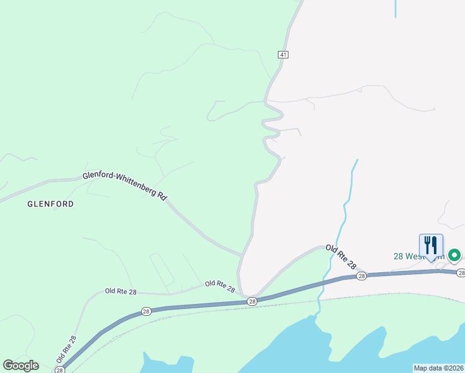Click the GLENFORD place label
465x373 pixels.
point(50,204)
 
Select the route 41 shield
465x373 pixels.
point(283,55)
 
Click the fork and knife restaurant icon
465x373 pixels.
point(431,246)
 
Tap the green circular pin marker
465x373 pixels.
point(454,255)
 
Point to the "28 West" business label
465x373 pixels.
point(410,256)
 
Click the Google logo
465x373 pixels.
point(21,366)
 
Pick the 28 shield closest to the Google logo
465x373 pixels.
point(60,370)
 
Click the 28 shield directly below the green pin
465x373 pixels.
point(461,273)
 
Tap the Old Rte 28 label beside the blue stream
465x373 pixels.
point(341,257)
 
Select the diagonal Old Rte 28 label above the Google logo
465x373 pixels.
point(66,349)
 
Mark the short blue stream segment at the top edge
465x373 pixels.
point(395,9)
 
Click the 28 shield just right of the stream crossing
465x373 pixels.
point(362,275)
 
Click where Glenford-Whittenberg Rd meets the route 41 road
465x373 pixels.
point(242,255)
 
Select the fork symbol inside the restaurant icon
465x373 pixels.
point(427,244)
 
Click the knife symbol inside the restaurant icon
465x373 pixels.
point(435,244)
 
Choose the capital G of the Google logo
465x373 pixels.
point(8,366)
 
